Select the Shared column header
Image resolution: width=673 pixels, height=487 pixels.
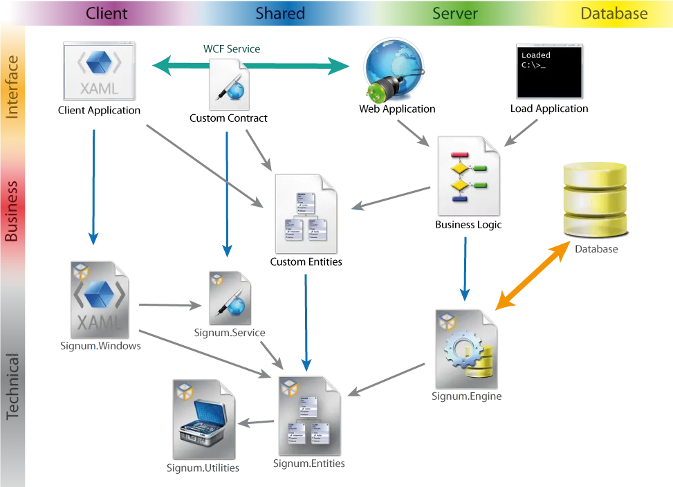click(280, 13)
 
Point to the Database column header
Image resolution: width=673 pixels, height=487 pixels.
click(614, 13)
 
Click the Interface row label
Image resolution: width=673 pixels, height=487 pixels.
click(12, 86)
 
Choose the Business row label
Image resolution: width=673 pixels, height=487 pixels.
click(12, 211)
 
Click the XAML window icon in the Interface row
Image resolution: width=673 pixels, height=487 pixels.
click(100, 71)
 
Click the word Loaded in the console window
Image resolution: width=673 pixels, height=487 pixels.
click(535, 55)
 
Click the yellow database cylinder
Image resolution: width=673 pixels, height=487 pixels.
click(593, 199)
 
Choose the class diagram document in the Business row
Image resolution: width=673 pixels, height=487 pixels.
click(306, 213)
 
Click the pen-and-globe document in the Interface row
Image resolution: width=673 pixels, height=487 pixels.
click(228, 84)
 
